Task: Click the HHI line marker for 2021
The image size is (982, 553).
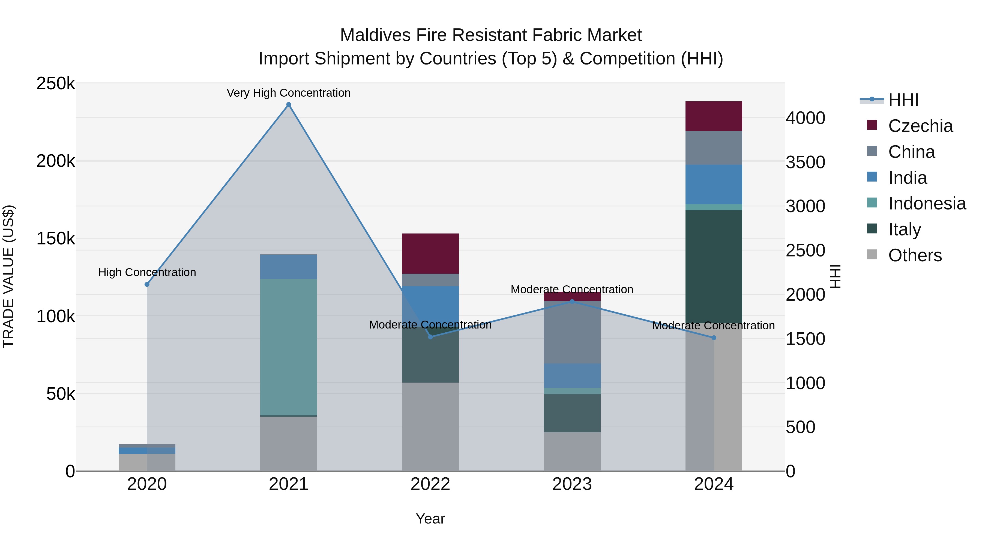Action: tap(289, 105)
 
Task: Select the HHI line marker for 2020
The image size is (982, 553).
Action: tap(147, 284)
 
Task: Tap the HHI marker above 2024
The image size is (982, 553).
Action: tap(714, 338)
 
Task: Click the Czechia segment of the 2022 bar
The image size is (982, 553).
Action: tap(430, 253)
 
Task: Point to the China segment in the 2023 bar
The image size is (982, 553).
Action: tap(572, 332)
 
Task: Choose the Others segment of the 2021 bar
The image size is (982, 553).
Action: tap(289, 443)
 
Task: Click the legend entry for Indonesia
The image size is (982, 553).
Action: tap(927, 203)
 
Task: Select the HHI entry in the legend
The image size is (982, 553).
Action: tap(903, 100)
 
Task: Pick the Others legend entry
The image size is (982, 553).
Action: tap(915, 255)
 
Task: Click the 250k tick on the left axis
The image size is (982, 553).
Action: tap(56, 84)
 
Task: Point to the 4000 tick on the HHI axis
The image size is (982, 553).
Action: tap(806, 118)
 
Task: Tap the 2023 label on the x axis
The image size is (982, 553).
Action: tap(572, 484)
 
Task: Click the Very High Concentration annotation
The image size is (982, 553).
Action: tap(289, 93)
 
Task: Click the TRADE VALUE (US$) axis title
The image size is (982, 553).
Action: tap(8, 276)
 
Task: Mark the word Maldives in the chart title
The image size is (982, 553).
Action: tap(375, 35)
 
